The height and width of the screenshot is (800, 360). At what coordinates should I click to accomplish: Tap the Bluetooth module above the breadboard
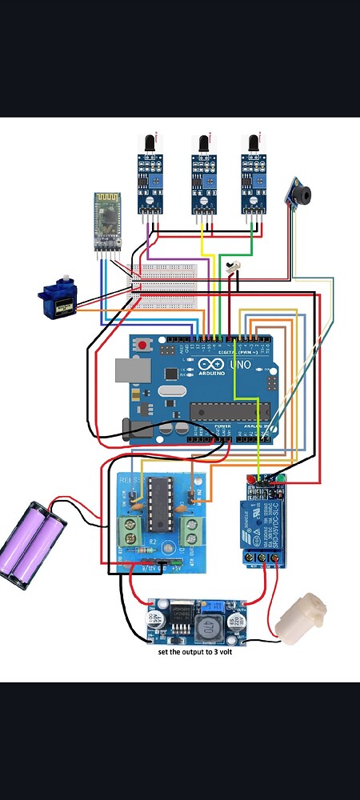pyautogui.click(x=105, y=220)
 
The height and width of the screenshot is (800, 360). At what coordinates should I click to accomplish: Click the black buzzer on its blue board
pyautogui.click(x=300, y=193)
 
